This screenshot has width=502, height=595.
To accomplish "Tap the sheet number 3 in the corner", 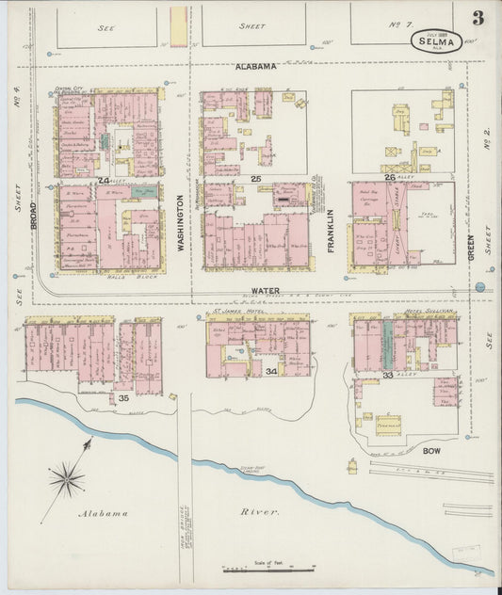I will tap(478, 18).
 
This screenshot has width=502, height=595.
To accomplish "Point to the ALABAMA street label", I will tap(255, 67).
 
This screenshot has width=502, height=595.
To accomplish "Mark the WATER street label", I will tap(267, 291).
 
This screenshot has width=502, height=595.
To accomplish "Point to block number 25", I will tap(255, 178).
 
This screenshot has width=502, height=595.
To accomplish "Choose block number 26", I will tap(390, 177).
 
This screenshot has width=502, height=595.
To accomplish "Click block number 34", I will tap(271, 372).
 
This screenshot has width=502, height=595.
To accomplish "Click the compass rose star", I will tap(67, 478).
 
